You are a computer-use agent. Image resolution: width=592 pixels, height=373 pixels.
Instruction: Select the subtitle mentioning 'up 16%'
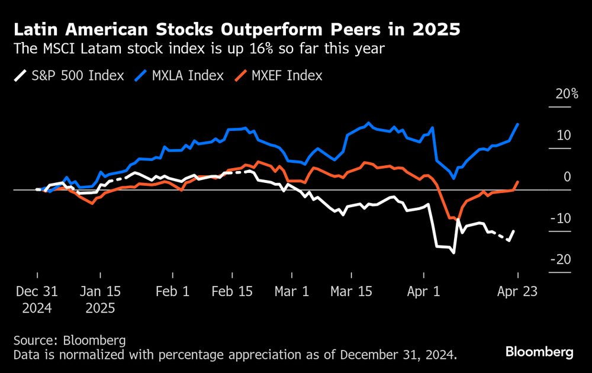pyautogui.click(x=200, y=49)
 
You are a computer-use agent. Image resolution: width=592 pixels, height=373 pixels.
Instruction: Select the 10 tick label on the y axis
pyautogui.click(x=563, y=136)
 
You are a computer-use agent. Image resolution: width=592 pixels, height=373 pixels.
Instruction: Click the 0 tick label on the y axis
pyautogui.click(x=567, y=177)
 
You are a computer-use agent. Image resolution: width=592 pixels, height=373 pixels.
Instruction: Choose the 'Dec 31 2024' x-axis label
pyautogui.click(x=37, y=300)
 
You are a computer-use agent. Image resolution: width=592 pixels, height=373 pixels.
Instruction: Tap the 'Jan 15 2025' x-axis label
pyautogui.click(x=100, y=300)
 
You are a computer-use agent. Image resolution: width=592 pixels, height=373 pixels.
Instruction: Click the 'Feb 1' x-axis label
pyautogui.click(x=172, y=292)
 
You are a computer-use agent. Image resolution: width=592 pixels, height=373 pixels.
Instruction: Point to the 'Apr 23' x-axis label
pyautogui.click(x=517, y=292)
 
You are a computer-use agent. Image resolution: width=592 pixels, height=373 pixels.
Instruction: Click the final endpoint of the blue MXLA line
pyautogui.click(x=518, y=124)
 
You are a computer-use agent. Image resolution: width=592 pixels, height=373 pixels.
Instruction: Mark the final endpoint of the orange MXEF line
pyautogui.click(x=518, y=182)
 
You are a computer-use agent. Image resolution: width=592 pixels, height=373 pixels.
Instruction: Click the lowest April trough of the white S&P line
pyautogui.click(x=453, y=253)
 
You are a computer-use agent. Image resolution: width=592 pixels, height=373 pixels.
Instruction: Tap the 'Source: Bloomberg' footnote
pyautogui.click(x=70, y=340)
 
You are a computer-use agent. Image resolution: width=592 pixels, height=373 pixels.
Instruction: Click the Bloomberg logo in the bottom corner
pyautogui.click(x=539, y=352)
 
